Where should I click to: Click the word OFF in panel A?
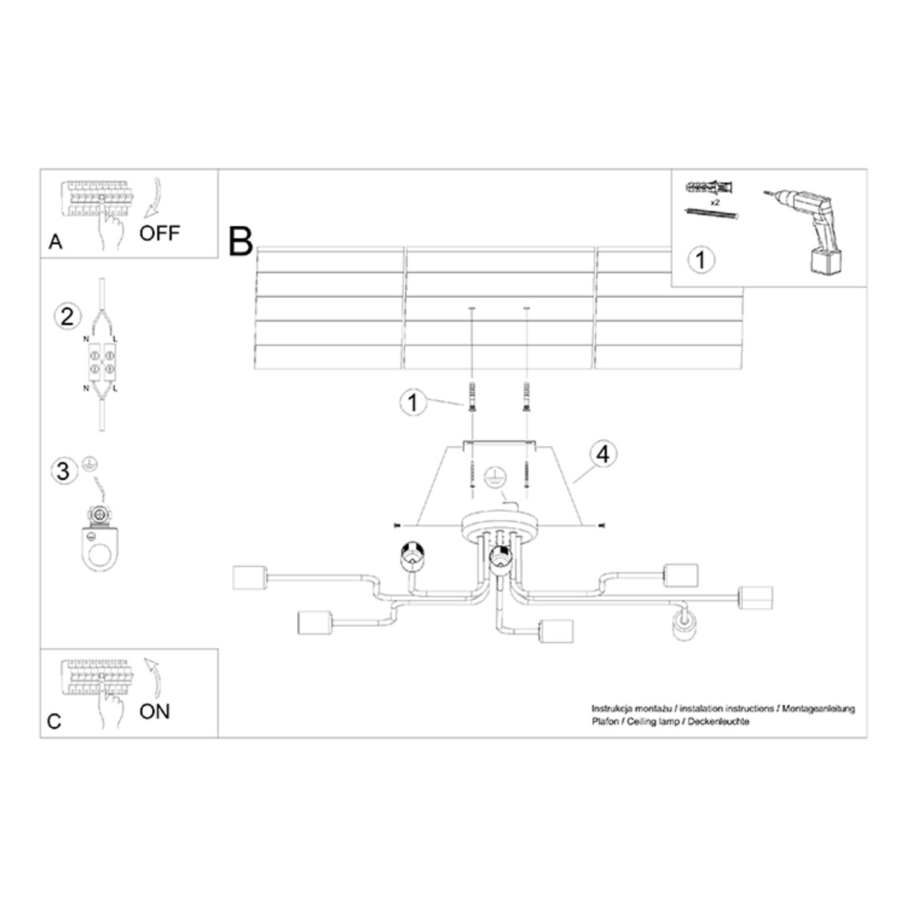(159, 233)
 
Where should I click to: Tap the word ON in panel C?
(154, 710)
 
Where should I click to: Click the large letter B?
(240, 242)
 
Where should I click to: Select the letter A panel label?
(54, 243)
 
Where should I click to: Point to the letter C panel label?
(54, 722)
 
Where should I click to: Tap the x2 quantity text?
(714, 203)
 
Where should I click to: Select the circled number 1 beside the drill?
(701, 260)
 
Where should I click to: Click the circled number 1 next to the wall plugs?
(413, 402)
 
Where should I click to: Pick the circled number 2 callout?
(67, 315)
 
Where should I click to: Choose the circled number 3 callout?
(63, 471)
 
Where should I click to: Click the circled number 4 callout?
(602, 454)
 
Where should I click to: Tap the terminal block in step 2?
(102, 361)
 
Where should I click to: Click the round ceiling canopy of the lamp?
(500, 524)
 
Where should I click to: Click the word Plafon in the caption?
(605, 722)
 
